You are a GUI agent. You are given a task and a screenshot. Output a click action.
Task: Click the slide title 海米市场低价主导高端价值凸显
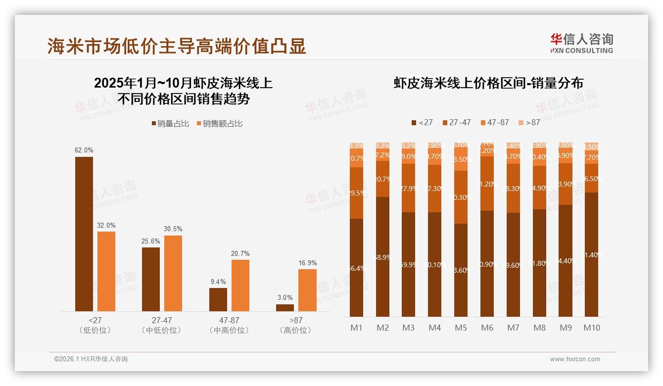pos(177,46)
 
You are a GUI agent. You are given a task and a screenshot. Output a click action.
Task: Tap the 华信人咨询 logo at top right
pos(581,43)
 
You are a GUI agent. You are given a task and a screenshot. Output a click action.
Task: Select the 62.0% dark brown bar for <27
pos(84,234)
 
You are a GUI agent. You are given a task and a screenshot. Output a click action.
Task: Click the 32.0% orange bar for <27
pos(106,271)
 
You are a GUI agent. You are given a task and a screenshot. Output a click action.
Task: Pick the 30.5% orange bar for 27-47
pos(173,273)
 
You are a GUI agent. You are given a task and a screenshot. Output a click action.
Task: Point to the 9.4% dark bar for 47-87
pos(218,299)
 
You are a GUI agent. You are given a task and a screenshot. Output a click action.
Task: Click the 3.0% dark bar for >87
pos(285,307)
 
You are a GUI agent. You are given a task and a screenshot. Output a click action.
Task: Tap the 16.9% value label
pos(307,263)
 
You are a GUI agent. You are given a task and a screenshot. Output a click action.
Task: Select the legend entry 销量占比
pos(169,124)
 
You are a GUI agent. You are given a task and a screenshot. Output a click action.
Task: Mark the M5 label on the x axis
pos(461,328)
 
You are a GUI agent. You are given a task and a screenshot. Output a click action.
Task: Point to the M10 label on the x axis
pos(592,328)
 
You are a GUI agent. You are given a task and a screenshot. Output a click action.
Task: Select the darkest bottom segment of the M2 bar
pos(382,257)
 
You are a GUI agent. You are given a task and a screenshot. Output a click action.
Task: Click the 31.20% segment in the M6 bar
pos(487,184)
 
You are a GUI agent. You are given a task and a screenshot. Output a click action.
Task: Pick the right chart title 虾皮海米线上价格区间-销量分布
pos(488,83)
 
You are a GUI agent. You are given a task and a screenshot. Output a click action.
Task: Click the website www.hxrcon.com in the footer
pos(575,359)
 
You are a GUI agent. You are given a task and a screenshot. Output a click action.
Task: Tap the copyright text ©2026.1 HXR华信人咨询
pos(91,359)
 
